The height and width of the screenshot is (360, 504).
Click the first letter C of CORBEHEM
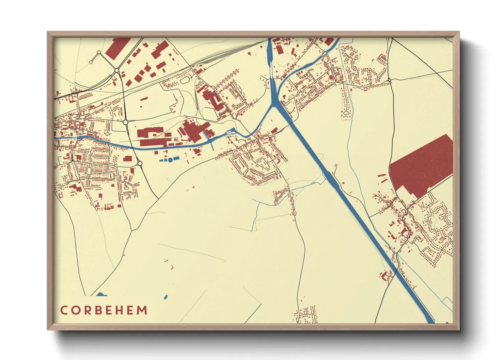(64, 310)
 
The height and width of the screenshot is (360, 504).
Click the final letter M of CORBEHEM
(142, 310)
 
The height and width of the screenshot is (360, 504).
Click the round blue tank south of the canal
(170, 160)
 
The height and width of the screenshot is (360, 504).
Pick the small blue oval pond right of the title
(166, 297)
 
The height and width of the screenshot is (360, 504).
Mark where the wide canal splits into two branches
(273, 102)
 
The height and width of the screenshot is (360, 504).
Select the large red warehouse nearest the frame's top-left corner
(117, 48)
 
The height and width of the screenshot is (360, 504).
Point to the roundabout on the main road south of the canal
(140, 164)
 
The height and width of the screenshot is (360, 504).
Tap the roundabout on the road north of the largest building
(389, 80)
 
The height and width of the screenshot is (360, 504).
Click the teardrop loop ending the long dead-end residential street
(346, 112)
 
